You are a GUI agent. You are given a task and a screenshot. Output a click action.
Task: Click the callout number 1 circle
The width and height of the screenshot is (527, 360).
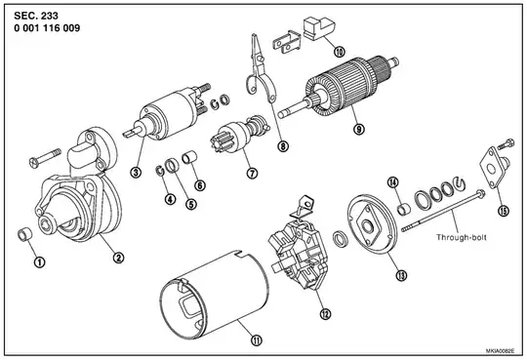click(40, 261)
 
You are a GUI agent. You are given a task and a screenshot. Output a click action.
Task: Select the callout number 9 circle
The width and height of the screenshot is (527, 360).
click(359, 129)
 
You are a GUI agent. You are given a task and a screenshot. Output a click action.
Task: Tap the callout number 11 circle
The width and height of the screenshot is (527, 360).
click(257, 340)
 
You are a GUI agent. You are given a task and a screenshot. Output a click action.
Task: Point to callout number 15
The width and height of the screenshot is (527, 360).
click(504, 211)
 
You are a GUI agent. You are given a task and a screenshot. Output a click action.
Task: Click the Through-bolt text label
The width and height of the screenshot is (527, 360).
click(461, 237)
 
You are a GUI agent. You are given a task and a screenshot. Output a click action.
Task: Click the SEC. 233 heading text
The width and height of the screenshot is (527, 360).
click(36, 16)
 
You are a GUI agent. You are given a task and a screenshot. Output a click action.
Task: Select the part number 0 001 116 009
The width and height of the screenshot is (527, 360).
click(47, 28)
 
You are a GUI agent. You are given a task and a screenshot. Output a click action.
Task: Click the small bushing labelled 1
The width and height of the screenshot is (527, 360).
click(24, 234)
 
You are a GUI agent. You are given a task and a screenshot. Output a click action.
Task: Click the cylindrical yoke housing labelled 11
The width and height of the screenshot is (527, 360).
click(214, 295)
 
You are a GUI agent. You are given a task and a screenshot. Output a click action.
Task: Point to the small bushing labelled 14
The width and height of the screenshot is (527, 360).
click(404, 210)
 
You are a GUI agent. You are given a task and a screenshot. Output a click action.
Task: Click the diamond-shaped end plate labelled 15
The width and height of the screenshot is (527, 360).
click(492, 168)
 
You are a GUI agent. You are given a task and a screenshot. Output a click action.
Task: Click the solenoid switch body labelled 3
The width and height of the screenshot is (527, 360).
click(168, 114)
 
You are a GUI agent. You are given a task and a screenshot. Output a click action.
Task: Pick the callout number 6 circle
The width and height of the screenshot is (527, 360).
click(200, 185)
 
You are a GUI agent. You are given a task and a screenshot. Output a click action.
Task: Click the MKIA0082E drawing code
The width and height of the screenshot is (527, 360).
click(500, 350)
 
